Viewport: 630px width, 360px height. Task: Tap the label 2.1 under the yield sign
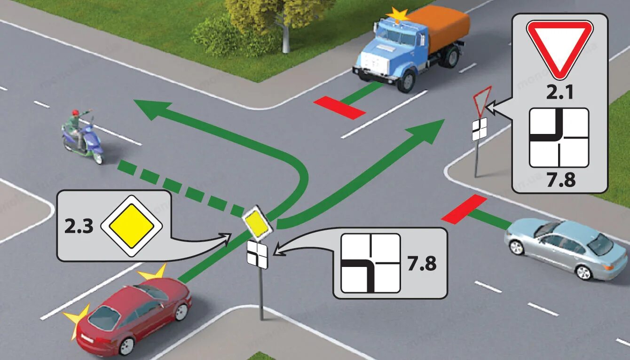coord(559,92)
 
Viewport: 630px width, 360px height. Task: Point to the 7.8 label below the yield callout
coord(559,179)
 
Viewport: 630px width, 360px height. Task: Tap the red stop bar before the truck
coord(340,107)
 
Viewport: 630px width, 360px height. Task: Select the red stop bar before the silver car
coord(464,208)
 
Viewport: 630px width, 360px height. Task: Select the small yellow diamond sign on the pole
coord(257,221)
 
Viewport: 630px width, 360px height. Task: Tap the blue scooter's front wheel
coord(97,157)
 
